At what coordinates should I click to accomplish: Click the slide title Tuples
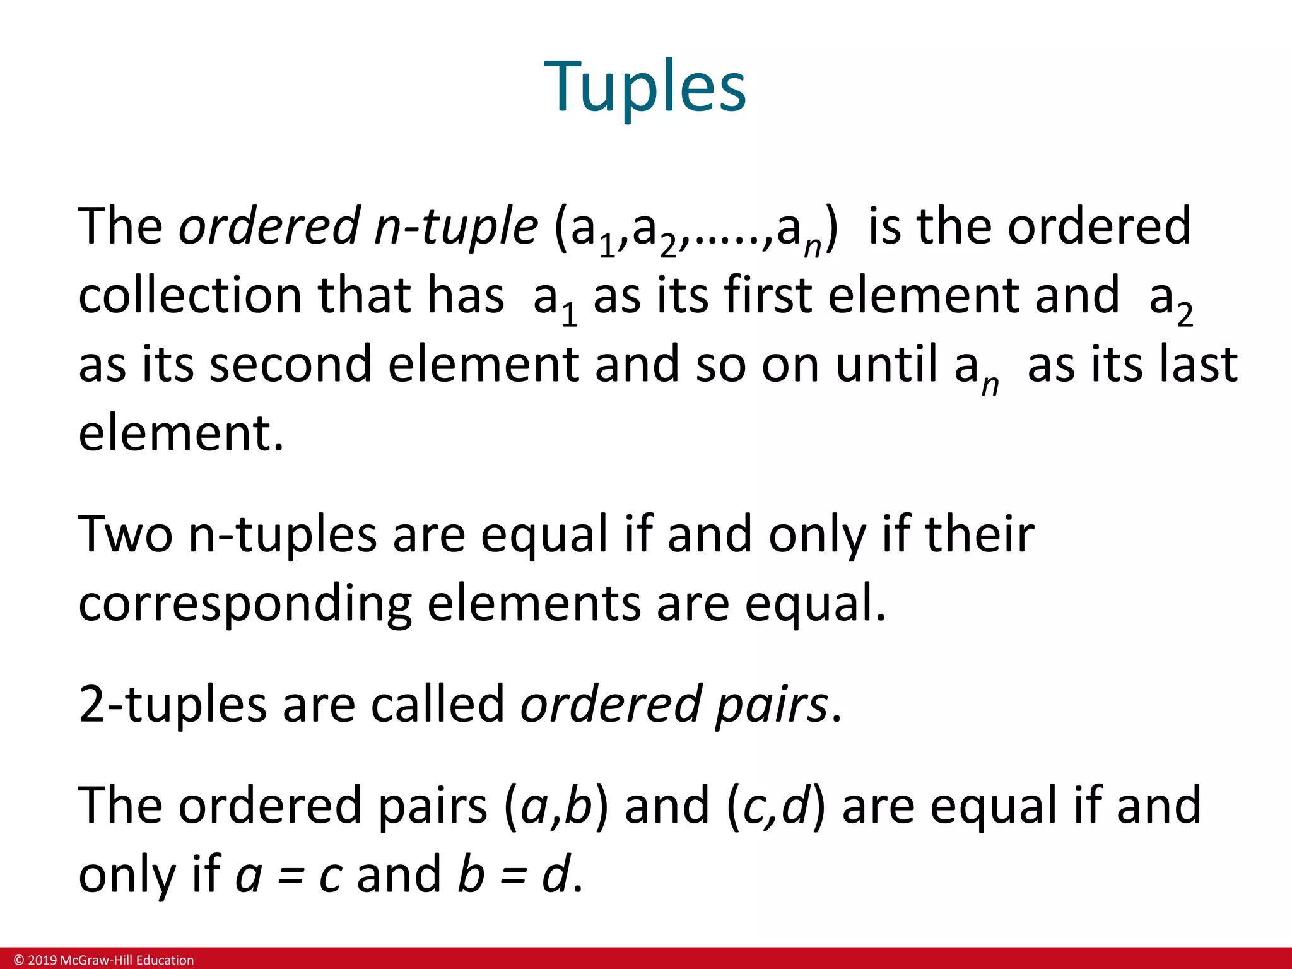click(x=645, y=86)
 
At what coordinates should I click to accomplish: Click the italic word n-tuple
click(x=455, y=226)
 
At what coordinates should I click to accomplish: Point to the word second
click(x=290, y=364)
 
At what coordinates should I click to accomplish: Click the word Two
click(x=125, y=534)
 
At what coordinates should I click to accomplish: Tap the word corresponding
click(x=245, y=604)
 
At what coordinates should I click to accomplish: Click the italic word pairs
click(x=771, y=705)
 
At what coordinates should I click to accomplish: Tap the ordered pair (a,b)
click(x=556, y=806)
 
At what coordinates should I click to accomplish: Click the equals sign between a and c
click(x=291, y=878)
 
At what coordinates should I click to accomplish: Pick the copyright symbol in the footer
click(x=19, y=960)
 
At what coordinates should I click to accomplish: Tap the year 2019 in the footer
click(x=42, y=960)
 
